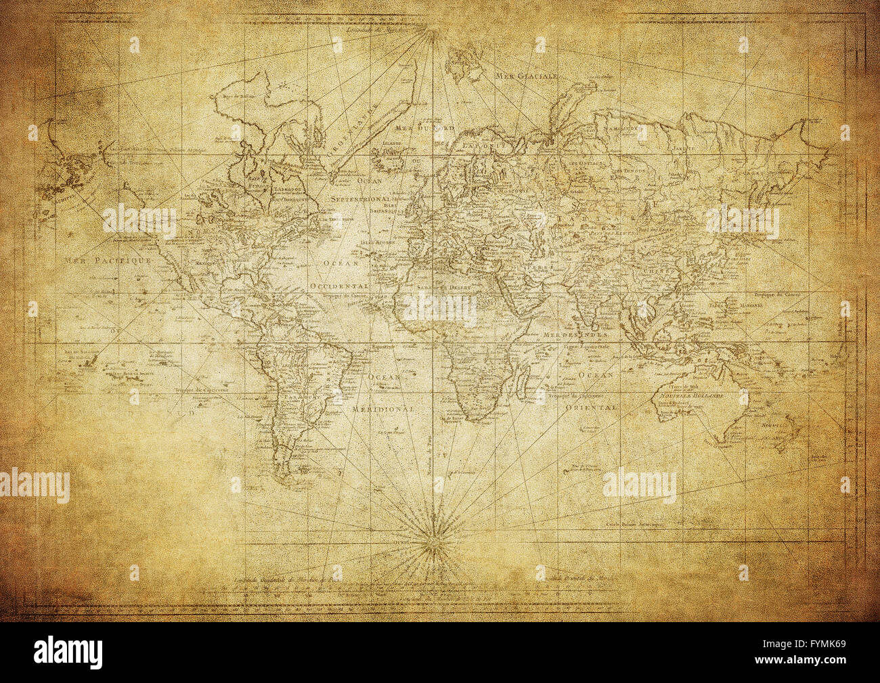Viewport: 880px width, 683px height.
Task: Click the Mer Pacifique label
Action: [x=108, y=260]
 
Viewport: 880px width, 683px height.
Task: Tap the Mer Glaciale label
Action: [x=526, y=76]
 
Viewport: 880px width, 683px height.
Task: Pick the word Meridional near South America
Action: [x=382, y=410]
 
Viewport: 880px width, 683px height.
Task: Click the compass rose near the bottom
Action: [x=431, y=539]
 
